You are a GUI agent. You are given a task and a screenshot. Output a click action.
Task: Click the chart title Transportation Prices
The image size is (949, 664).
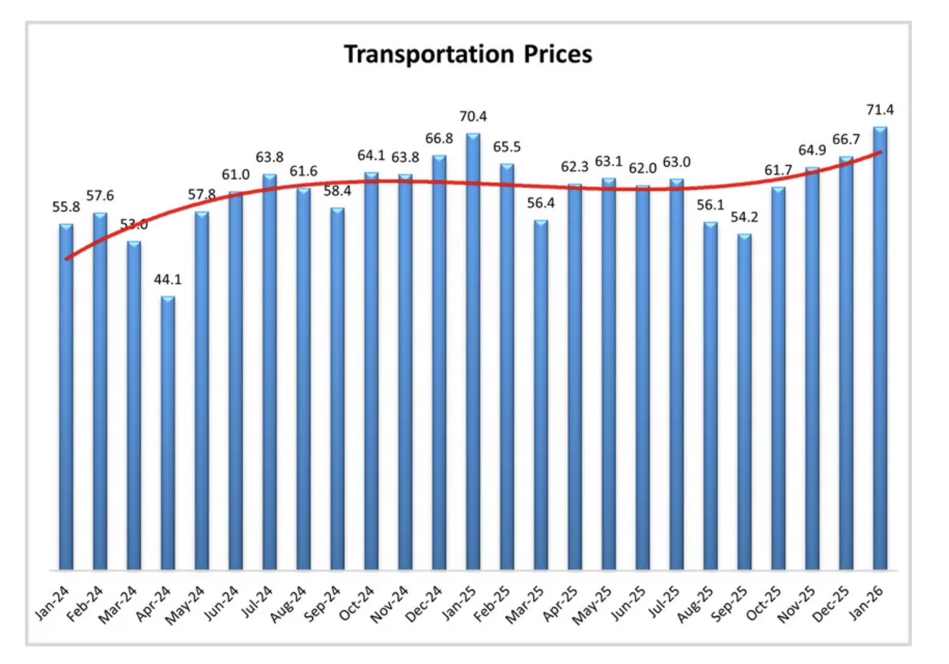point(468,54)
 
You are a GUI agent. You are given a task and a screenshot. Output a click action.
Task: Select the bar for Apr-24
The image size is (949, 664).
point(168,433)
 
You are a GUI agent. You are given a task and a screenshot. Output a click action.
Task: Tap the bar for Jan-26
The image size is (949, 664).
point(880,347)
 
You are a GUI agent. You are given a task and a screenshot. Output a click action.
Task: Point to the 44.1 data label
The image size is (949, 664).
point(168,280)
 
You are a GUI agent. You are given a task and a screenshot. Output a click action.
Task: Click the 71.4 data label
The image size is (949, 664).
point(880,110)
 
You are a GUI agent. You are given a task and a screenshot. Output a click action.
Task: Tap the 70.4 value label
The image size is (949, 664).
point(473,116)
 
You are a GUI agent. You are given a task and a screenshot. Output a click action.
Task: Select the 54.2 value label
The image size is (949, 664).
point(744,217)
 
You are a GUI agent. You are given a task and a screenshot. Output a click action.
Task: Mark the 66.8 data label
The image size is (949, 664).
point(439,139)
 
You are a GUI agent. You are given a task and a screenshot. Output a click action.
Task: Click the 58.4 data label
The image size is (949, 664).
point(337,191)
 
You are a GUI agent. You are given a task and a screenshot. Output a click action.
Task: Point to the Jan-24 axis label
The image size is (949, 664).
point(54,603)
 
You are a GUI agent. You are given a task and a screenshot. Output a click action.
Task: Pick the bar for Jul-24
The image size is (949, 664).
point(270,372)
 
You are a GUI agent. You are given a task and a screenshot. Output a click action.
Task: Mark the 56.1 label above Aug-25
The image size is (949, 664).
point(710,205)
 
